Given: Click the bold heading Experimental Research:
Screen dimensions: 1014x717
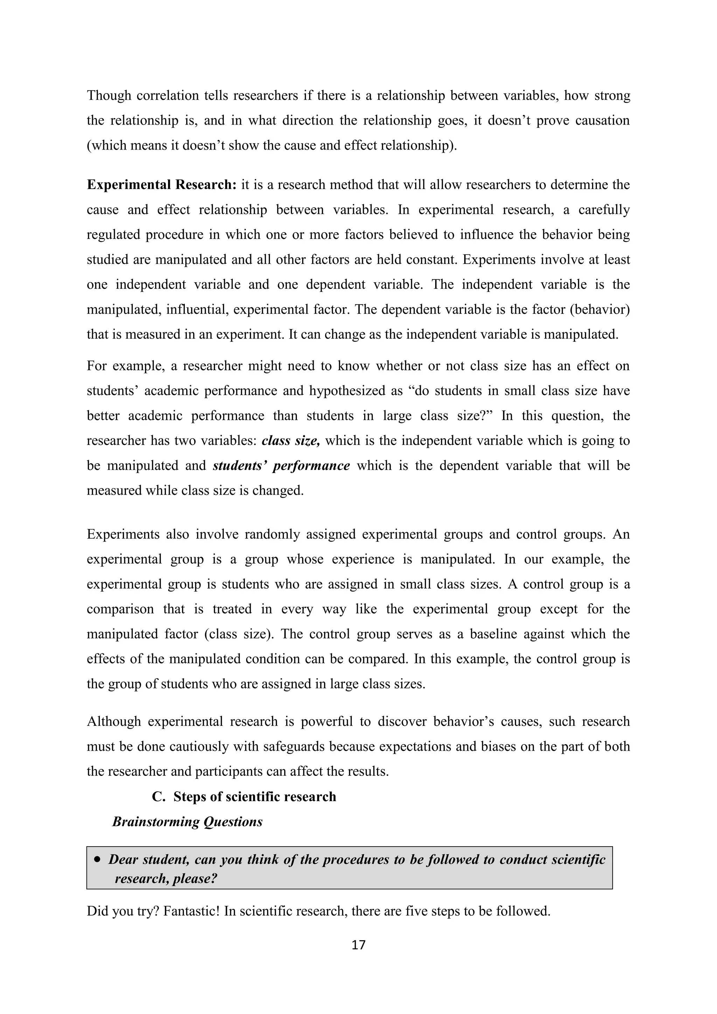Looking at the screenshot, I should click(x=162, y=185).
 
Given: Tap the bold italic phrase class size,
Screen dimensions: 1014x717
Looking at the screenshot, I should click(x=291, y=441).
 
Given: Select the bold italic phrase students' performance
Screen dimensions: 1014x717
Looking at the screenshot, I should click(x=281, y=465).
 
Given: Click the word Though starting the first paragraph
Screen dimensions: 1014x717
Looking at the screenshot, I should click(x=109, y=95).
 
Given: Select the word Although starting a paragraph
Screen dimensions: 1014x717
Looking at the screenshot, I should click(x=113, y=722).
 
